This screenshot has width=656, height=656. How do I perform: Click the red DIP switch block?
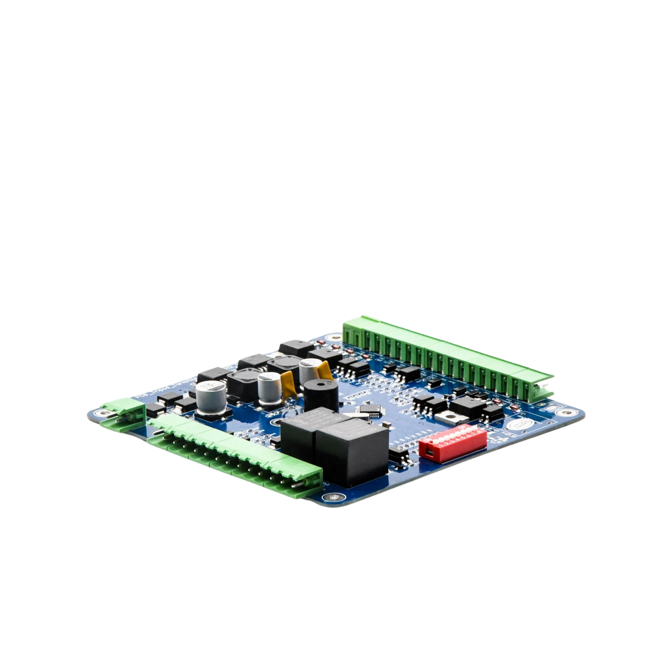point(453,442)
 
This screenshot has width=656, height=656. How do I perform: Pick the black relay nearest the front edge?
point(352,452)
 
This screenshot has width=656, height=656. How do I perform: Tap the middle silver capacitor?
point(270,389)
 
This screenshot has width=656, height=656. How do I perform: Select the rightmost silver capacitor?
point(310,372)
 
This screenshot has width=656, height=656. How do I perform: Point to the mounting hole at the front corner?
point(331,497)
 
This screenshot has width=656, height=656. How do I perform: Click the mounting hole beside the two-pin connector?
point(102,413)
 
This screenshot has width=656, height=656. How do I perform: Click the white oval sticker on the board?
point(520,423)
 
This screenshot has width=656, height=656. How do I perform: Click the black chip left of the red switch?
point(398,455)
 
